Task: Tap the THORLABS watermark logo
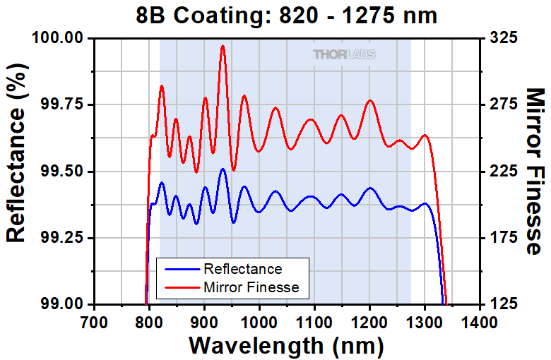tap(344, 54)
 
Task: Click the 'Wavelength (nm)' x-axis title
tap(287, 346)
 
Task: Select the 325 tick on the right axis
tap(502, 37)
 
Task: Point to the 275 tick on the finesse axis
tap(502, 104)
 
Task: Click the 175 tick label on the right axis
tap(502, 238)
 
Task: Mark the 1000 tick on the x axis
tap(260, 322)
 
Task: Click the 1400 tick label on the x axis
tap(481, 322)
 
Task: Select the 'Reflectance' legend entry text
tap(242, 269)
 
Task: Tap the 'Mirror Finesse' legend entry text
tap(251, 287)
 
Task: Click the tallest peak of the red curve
tap(223, 46)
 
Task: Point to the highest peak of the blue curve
tap(223, 169)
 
